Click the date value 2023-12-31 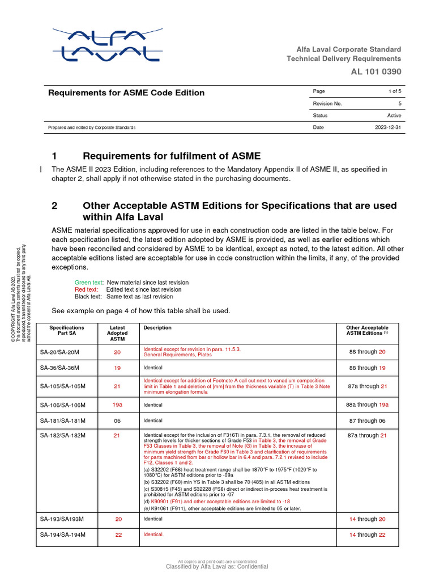[x=388, y=128]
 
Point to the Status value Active [x=394, y=116]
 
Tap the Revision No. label [x=327, y=104]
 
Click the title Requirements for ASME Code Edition [x=126, y=92]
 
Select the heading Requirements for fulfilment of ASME [x=172, y=156]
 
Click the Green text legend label [x=89, y=283]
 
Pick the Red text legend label [x=87, y=289]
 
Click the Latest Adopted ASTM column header [x=118, y=333]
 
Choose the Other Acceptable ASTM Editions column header [x=367, y=331]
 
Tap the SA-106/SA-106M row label [x=62, y=405]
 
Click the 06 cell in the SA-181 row [x=118, y=420]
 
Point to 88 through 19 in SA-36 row [x=367, y=368]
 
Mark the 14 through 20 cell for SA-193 [x=367, y=519]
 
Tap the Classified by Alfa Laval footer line [x=217, y=566]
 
